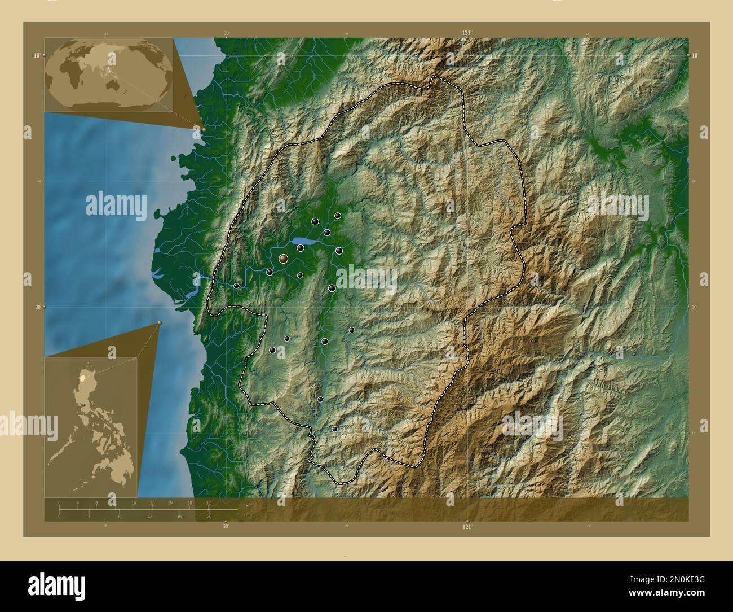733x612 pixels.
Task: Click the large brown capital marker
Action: tap(283, 259)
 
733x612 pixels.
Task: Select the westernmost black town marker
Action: tap(236, 286)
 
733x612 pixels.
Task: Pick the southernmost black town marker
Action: tap(335, 429)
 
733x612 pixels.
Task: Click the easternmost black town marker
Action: tap(352, 330)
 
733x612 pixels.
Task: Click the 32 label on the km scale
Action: tap(209, 502)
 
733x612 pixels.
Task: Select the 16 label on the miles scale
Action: tap(179, 517)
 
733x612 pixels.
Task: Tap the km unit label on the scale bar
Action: tap(249, 505)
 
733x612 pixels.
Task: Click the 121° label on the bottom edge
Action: tap(467, 527)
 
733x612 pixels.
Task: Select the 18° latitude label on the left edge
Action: tap(36, 55)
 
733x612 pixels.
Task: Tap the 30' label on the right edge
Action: tap(695, 307)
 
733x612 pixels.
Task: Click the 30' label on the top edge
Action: tap(226, 33)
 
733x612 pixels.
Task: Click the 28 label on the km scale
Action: tap(190, 502)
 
